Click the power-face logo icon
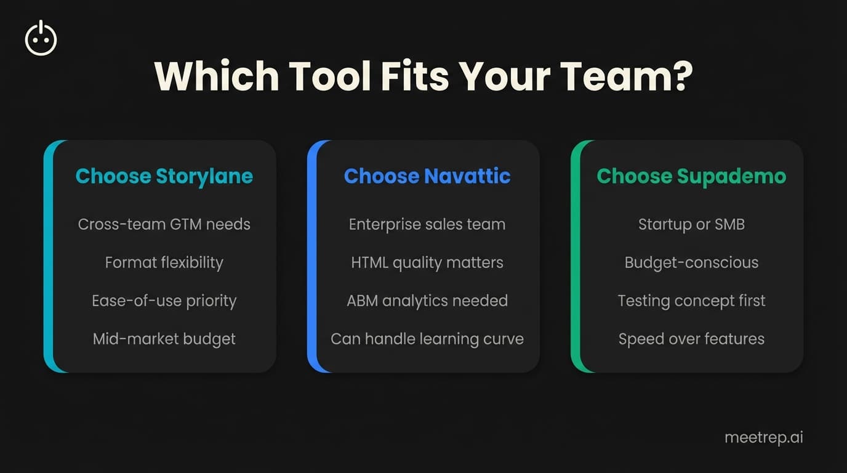[41, 38]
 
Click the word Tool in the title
[330, 76]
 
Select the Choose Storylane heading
[164, 176]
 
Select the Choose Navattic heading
[427, 176]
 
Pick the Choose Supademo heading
[691, 176]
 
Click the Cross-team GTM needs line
[164, 224]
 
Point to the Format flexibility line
[164, 262]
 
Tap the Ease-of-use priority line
[164, 301]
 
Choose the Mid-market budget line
[164, 339]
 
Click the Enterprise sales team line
[427, 224]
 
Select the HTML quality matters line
[427, 262]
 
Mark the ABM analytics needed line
[427, 301]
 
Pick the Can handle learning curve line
[427, 339]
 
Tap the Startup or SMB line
[691, 224]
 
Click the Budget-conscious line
[691, 262]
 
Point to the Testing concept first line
[691, 301]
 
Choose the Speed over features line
[691, 339]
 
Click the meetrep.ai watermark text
[763, 437]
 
